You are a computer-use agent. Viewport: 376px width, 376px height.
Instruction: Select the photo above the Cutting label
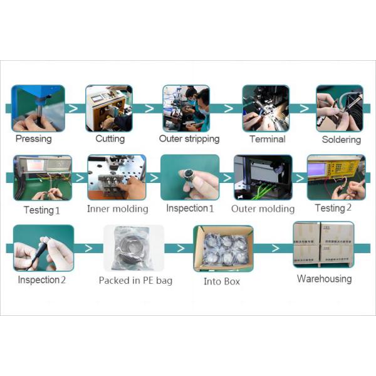pos(109,108)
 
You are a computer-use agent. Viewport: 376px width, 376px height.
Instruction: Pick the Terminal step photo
pos(266,108)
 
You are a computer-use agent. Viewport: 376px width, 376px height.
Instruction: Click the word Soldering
pos(342,139)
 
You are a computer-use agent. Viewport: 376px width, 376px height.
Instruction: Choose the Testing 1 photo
pos(42,178)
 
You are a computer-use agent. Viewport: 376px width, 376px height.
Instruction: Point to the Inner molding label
pos(117,209)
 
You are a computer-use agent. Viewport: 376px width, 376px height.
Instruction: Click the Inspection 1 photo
pos(190,177)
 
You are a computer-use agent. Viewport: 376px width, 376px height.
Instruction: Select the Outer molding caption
pos(263,209)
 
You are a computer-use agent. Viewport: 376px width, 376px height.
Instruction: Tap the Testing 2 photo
pos(336,177)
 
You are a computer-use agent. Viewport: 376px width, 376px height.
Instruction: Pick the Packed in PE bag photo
pos(133,248)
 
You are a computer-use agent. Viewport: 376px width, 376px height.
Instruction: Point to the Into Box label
pos(222,281)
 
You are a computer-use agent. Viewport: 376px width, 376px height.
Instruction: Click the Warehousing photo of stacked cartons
pos(323,244)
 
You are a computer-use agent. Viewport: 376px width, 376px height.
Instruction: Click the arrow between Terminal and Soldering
pos(303,108)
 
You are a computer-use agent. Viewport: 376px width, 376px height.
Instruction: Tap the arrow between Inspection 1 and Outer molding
pos(226,178)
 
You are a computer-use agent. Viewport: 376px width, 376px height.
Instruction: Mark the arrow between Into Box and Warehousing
pos(274,248)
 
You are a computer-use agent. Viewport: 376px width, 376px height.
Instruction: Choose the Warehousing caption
pos(324,279)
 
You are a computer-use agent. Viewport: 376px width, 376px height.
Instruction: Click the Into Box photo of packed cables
pos(222,248)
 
